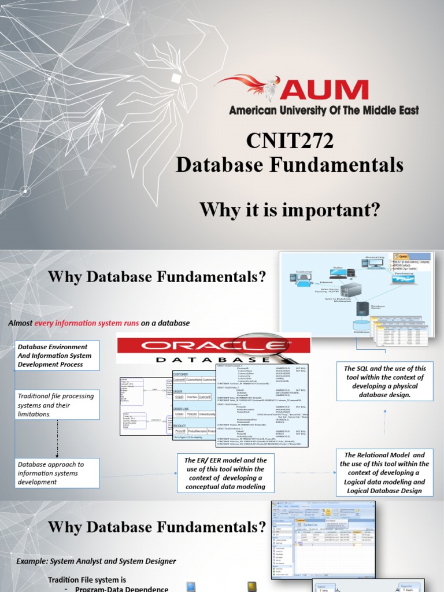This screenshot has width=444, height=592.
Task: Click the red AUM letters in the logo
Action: pyautogui.click(x=326, y=90)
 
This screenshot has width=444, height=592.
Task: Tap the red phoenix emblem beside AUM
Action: pyautogui.click(x=249, y=87)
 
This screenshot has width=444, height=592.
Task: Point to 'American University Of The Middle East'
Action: pyautogui.click(x=324, y=110)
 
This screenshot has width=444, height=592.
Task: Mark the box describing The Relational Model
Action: pyautogui.click(x=384, y=473)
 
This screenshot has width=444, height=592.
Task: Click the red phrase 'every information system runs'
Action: pyautogui.click(x=87, y=323)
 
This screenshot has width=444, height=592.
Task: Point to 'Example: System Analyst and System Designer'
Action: pyautogui.click(x=95, y=561)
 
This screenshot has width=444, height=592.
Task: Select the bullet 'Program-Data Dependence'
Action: pyautogui.click(x=121, y=589)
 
